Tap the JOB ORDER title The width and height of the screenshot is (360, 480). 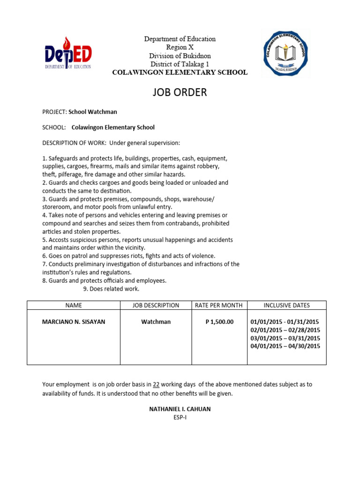pos(180,92)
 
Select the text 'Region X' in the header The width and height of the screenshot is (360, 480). pos(180,47)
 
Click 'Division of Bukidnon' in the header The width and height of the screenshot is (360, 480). pos(180,56)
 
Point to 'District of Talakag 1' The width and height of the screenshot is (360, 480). pos(180,64)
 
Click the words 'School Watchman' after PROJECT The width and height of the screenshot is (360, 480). pos(93,112)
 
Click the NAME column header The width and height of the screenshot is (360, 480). pos(74,305)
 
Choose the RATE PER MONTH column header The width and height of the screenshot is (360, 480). pos(219,305)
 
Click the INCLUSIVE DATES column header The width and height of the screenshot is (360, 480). pos(286,305)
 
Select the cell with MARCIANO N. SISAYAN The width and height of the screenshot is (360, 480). pos(74,322)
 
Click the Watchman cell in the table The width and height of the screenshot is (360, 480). pos(156,322)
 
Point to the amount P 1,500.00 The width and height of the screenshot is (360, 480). pos(219,322)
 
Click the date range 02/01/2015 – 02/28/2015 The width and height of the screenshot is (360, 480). pos(285,330)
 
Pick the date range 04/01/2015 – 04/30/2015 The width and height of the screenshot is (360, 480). pos(285,346)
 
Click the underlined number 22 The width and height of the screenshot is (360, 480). pos(157,384)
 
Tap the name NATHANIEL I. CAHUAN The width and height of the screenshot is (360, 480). pos(180,409)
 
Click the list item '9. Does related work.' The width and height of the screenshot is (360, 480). pos(111,289)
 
